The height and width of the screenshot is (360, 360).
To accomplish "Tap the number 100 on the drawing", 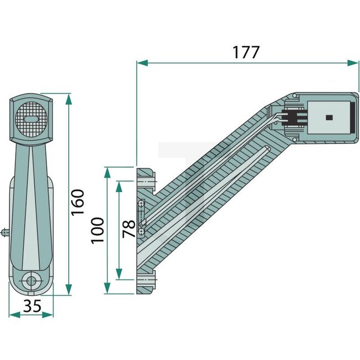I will (97, 231).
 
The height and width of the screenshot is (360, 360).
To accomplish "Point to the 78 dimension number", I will (128, 229).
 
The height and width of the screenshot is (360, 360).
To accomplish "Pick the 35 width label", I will (32, 306).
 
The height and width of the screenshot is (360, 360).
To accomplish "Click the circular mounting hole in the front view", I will (31, 280).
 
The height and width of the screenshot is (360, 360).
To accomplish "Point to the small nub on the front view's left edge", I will (5, 231).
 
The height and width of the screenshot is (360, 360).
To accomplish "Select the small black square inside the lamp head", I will (328, 117).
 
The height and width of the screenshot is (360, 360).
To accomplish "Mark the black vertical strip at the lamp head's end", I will (351, 117).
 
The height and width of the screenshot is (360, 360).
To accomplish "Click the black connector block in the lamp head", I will (293, 117).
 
